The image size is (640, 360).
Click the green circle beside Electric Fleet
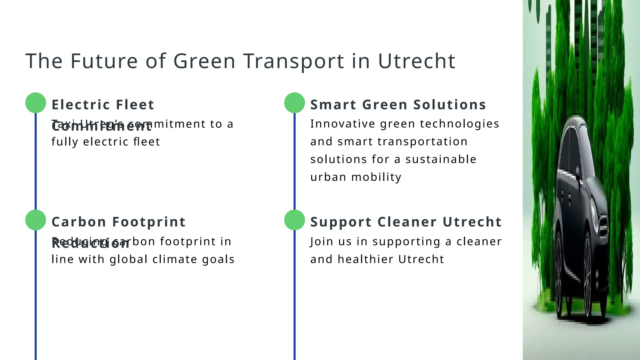36,103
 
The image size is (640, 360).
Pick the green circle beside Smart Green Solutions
294,103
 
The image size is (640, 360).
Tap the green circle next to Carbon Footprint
36,220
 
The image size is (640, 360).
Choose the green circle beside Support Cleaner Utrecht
294,220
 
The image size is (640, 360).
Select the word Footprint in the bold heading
149,222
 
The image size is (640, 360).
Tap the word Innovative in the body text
342,124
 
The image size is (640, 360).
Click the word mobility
376,177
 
